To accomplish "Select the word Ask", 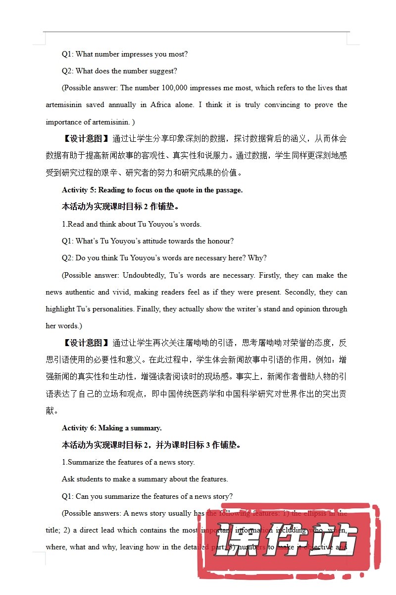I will click(x=68, y=479).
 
